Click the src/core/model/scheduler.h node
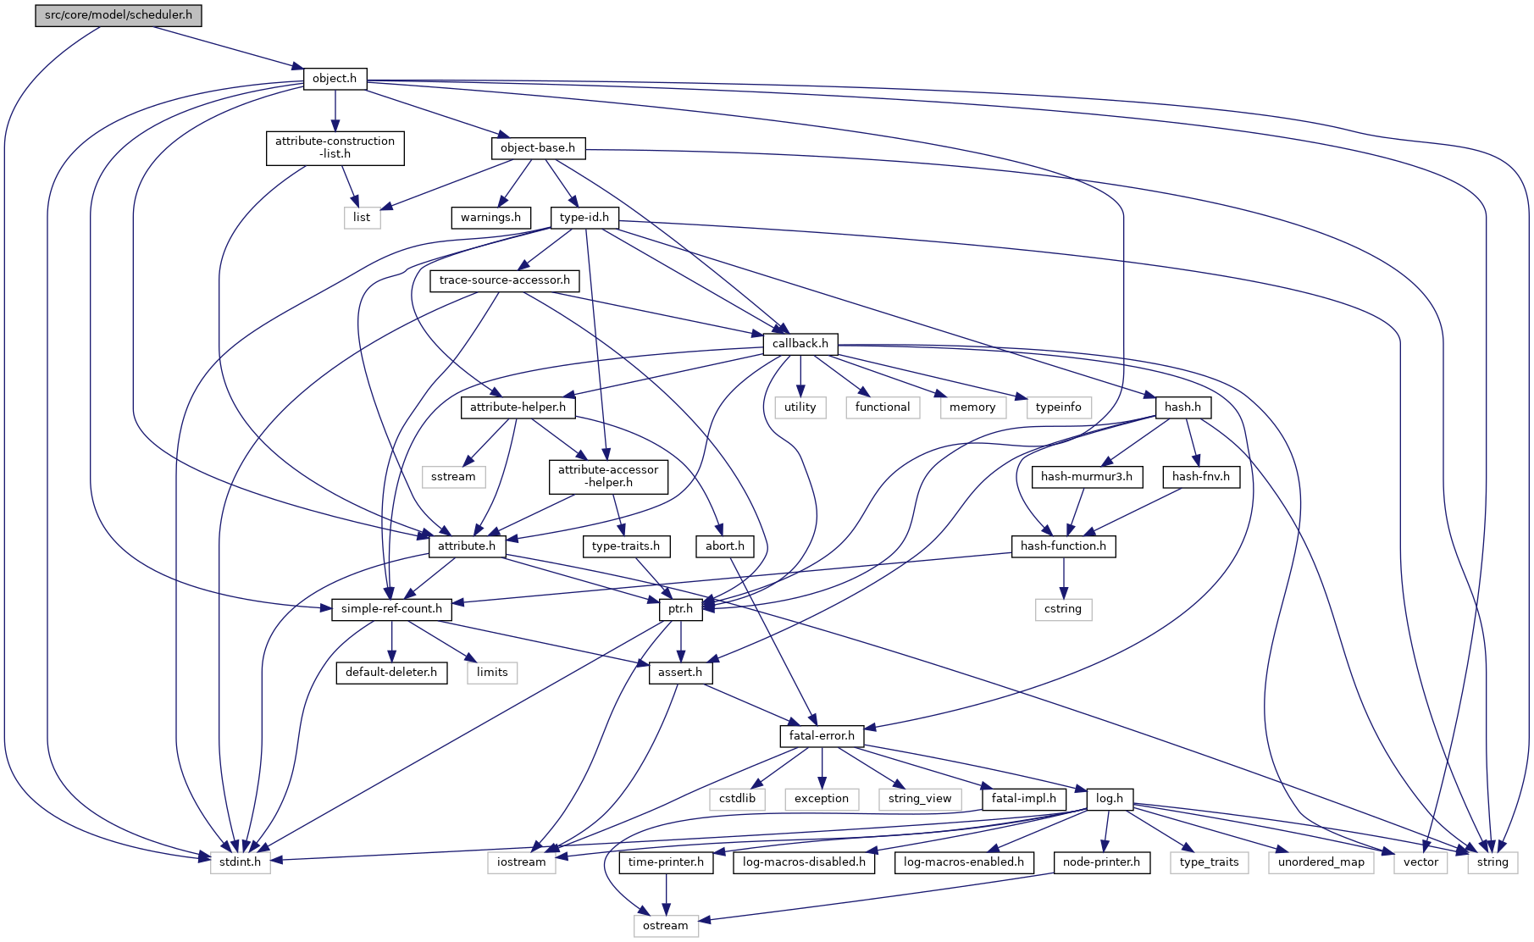(x=119, y=15)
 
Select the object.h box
(x=335, y=79)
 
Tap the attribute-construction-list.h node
(x=335, y=147)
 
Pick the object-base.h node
(x=537, y=148)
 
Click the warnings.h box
(x=490, y=218)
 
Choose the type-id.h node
(x=584, y=218)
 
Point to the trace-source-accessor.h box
(x=504, y=280)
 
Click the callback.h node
(x=800, y=344)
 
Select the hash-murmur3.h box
(x=1086, y=477)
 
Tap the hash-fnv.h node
(x=1200, y=477)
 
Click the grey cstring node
(x=1062, y=609)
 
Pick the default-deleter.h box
(x=390, y=673)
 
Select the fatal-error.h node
(x=821, y=736)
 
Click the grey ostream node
(x=665, y=926)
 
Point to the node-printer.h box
(x=1101, y=862)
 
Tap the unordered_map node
(x=1321, y=862)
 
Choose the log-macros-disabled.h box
(x=804, y=862)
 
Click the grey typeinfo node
(x=1058, y=407)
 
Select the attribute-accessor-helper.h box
(x=607, y=476)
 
